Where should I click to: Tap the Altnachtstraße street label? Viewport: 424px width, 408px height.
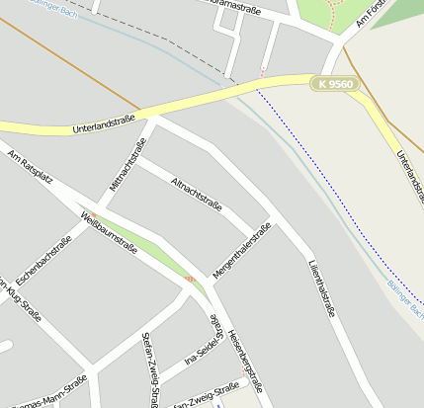[x=196, y=195]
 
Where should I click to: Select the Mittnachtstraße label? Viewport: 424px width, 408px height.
[x=127, y=165]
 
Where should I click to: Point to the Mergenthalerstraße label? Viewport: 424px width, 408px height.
[x=241, y=251]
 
